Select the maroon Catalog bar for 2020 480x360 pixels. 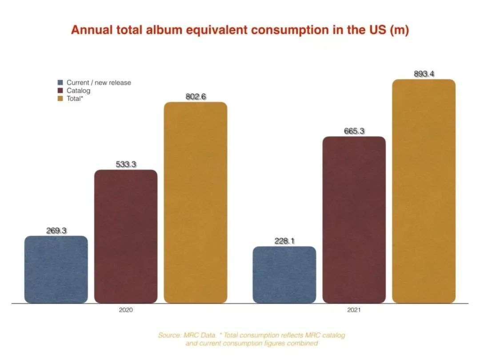126,236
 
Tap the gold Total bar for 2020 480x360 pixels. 196,203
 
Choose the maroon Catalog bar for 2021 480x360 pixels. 354,220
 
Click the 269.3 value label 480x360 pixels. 56,231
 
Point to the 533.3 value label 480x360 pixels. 126,164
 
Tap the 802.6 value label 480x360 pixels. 196,96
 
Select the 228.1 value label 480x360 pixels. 284,241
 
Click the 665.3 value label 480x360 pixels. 354,131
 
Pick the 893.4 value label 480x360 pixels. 424,74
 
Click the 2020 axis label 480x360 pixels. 126,310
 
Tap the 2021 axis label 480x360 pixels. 354,310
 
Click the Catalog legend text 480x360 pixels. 78,91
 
